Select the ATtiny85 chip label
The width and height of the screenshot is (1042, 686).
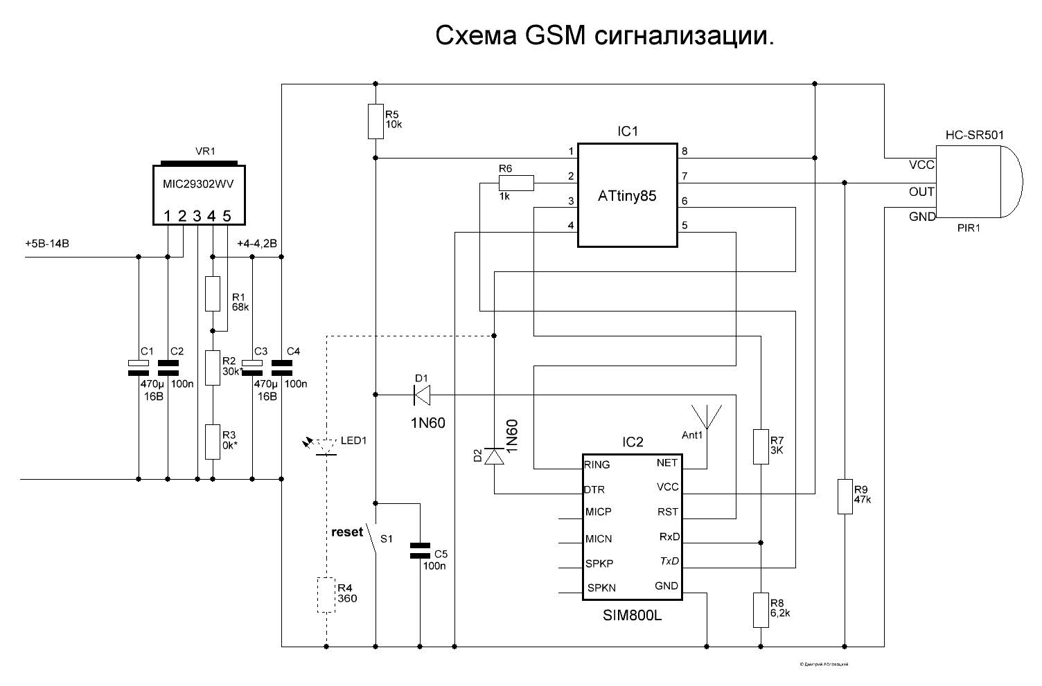(x=627, y=196)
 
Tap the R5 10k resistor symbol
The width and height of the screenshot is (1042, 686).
(x=375, y=121)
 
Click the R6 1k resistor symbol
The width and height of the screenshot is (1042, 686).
(x=516, y=183)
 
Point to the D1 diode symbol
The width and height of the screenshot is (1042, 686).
(x=421, y=395)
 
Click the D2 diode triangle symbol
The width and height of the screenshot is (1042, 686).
(x=494, y=456)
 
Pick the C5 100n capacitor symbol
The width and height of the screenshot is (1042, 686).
(x=419, y=550)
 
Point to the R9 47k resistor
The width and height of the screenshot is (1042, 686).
(x=845, y=496)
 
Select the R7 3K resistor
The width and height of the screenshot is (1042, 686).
(x=761, y=446)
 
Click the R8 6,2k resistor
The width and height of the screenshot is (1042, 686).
(x=761, y=610)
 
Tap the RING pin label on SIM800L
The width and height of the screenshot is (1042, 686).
(x=597, y=464)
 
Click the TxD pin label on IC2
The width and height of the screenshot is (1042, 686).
(x=669, y=561)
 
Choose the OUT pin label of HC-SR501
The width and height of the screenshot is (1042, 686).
(x=921, y=192)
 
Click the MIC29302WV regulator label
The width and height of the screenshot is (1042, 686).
(x=199, y=183)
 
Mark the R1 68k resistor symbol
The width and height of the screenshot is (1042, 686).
(x=213, y=294)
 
